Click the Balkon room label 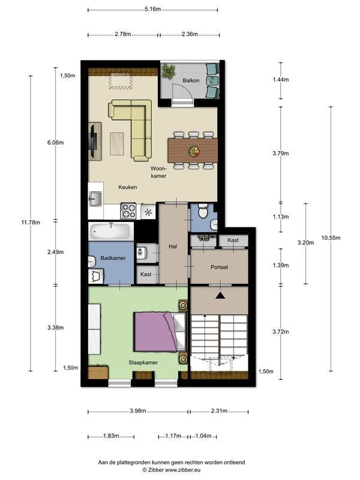coord(191,80)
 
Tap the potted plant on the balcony coord(168,71)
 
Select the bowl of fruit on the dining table coord(194,151)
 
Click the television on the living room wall coord(93,140)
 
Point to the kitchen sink coord(95,199)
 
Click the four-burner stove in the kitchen coord(128,211)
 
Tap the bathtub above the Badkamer coord(111,232)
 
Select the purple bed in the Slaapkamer coord(160,332)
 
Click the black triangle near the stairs coord(220,295)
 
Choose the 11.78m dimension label coord(31,223)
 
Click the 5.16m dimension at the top coord(152,9)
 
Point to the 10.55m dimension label coord(331,238)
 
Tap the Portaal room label coord(219,267)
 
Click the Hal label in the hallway coord(173,247)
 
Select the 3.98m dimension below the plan coord(138,411)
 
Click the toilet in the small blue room coord(203,212)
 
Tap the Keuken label coord(128,187)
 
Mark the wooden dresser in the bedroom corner coord(98,372)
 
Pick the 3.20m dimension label coord(305,243)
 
